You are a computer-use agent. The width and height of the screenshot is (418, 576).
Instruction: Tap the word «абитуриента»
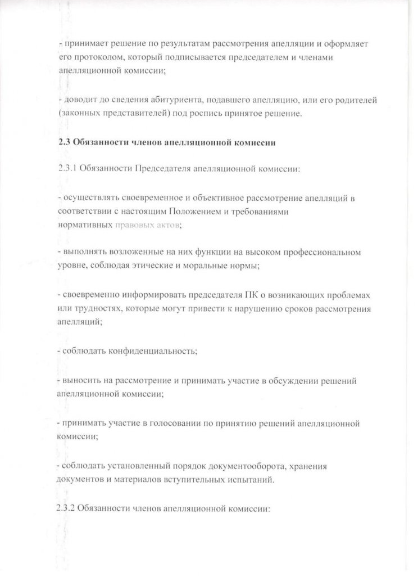click(x=165, y=100)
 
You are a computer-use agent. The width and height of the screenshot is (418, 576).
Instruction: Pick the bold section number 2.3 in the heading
click(x=63, y=142)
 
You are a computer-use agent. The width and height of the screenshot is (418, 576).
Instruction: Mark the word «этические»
click(x=157, y=266)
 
